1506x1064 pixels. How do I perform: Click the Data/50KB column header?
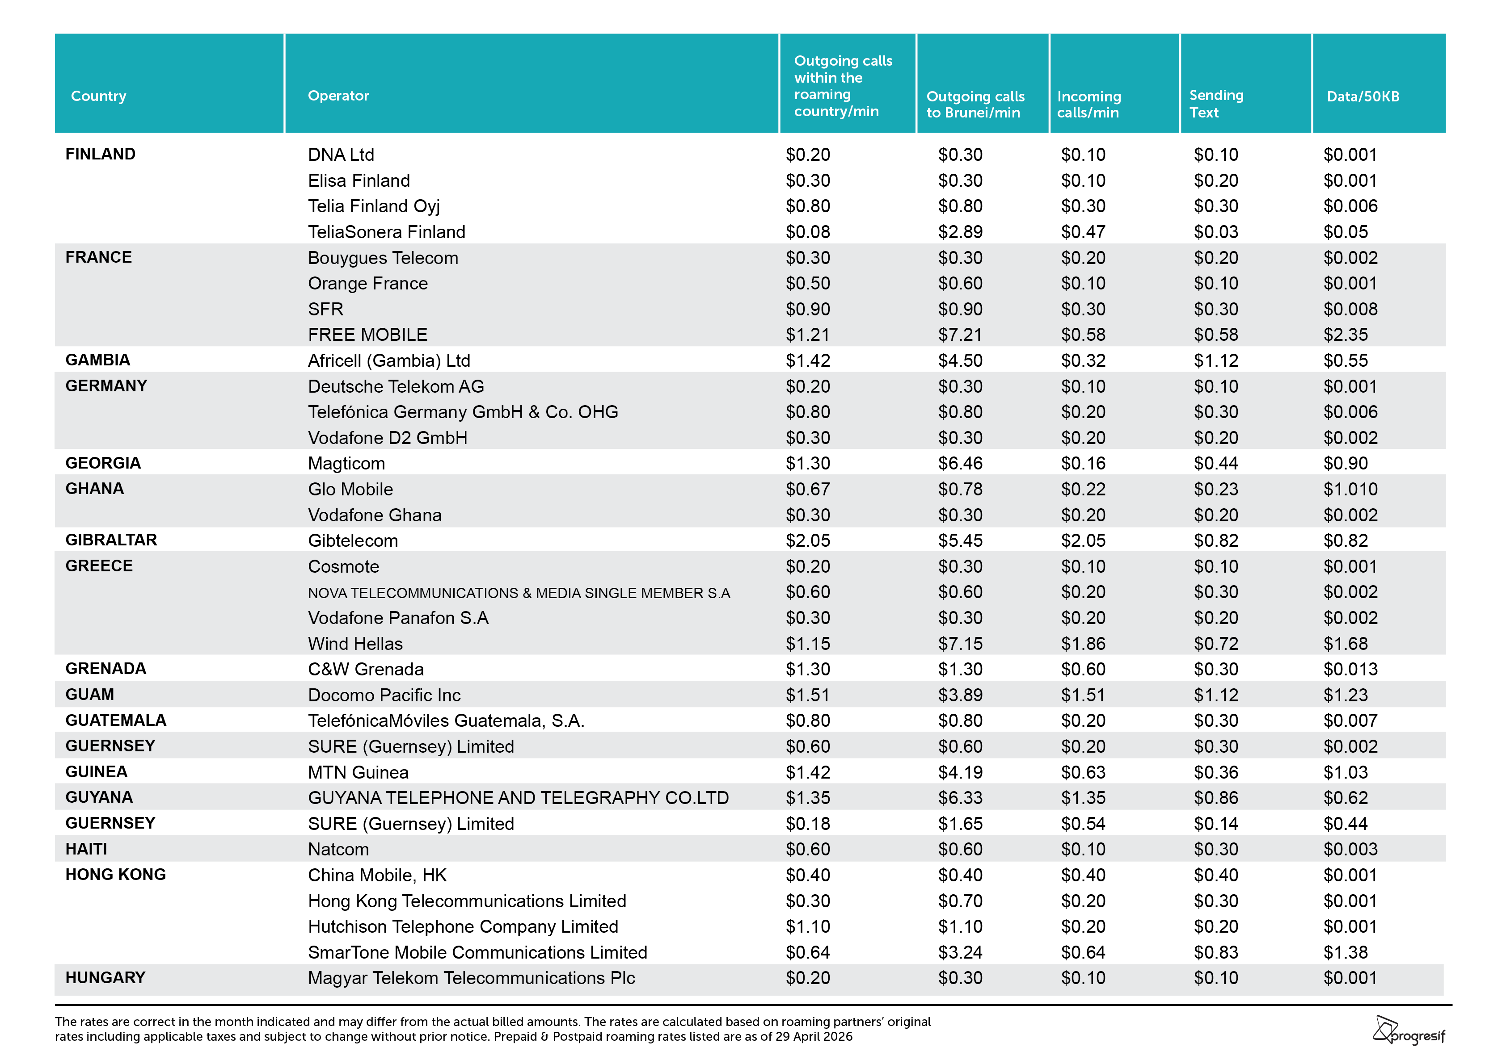[x=1363, y=96]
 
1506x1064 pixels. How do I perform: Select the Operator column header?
[x=338, y=96]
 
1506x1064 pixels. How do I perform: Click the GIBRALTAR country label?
[x=111, y=540]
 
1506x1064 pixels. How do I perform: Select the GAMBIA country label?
[x=98, y=360]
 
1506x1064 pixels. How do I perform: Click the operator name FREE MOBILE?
[x=367, y=335]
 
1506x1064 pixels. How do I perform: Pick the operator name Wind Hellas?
[x=355, y=644]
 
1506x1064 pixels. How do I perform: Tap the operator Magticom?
[x=346, y=464]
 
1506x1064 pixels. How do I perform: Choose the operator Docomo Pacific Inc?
[x=384, y=695]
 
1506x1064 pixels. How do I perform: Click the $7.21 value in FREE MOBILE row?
[x=960, y=335]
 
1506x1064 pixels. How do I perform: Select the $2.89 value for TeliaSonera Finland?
[x=960, y=232]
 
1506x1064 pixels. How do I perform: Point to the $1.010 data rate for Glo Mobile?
[x=1350, y=489]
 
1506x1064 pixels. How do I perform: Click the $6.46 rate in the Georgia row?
[x=960, y=464]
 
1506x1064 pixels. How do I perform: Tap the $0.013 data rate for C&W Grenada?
[x=1350, y=669]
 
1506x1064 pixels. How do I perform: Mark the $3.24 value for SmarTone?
[x=960, y=952]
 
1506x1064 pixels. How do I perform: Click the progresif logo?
[x=1409, y=1030]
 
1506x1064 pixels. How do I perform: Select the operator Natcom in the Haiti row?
[x=338, y=850]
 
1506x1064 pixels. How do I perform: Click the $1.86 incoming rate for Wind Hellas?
[x=1084, y=644]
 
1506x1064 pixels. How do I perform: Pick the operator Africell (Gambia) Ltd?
[x=389, y=360]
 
